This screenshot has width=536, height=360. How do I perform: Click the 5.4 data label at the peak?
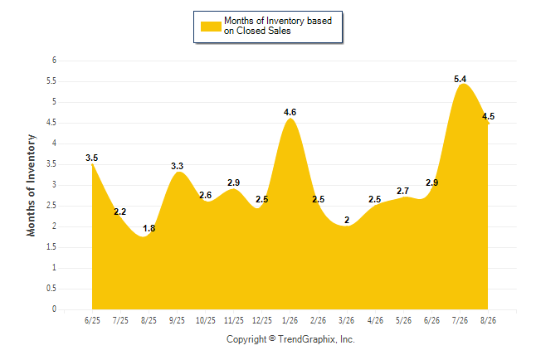[x=460, y=79]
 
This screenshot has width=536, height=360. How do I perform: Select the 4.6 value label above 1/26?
[x=290, y=112]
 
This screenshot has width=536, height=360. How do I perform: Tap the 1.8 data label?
[x=149, y=228]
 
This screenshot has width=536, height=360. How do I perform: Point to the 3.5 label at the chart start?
[x=91, y=158]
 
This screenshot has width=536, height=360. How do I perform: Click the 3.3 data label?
[x=177, y=166]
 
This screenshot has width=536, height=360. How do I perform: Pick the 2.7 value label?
[x=402, y=191]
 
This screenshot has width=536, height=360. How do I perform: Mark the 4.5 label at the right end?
[x=488, y=116]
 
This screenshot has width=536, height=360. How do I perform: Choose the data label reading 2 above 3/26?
[x=347, y=220]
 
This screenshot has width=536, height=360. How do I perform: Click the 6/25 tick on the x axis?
[x=92, y=320]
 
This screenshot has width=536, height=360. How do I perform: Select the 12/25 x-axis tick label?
[x=262, y=320]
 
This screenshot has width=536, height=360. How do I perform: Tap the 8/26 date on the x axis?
[x=488, y=320]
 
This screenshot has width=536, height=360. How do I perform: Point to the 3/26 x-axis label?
[x=347, y=320]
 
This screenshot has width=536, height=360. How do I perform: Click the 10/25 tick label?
[x=206, y=320]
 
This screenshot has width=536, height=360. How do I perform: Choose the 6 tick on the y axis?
[x=54, y=61]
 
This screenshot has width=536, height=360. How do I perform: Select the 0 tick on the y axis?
[x=54, y=309]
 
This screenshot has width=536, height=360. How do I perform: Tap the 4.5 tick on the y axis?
[x=51, y=123]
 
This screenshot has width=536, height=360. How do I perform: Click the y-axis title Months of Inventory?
[x=31, y=185]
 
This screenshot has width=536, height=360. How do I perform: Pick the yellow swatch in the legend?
[x=211, y=27]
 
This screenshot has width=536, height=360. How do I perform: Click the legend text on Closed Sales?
[x=257, y=31]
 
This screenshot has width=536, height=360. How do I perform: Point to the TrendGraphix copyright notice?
[x=290, y=339]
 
